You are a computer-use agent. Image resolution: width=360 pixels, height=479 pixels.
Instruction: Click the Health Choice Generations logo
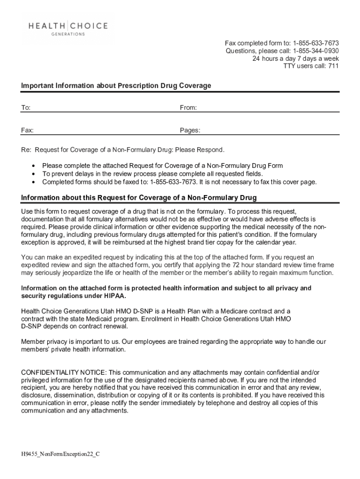tap(68, 29)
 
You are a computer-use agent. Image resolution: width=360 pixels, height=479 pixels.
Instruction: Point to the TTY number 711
tap(333, 66)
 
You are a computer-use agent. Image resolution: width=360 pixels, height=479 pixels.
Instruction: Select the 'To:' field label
tap(26, 108)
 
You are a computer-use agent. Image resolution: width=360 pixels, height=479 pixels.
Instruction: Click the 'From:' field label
tap(188, 108)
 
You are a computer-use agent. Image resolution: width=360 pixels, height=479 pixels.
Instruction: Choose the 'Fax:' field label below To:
tap(27, 131)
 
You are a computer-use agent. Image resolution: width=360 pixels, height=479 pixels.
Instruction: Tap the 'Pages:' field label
tap(190, 131)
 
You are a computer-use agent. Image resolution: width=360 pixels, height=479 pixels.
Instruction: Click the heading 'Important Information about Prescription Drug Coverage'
tap(116, 86)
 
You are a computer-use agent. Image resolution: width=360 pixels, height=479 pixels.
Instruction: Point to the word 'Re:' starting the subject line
tap(26, 150)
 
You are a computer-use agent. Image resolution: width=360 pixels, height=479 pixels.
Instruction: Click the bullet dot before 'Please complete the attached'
tap(33, 166)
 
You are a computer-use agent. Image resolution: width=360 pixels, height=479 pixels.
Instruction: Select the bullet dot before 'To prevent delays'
tap(33, 174)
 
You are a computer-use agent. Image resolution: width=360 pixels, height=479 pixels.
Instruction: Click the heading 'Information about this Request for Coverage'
tap(138, 198)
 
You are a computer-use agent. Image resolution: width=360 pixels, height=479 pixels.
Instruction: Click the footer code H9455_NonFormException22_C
tap(61, 455)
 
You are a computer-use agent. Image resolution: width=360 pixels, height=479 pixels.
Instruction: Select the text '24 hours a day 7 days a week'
tap(295, 58)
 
